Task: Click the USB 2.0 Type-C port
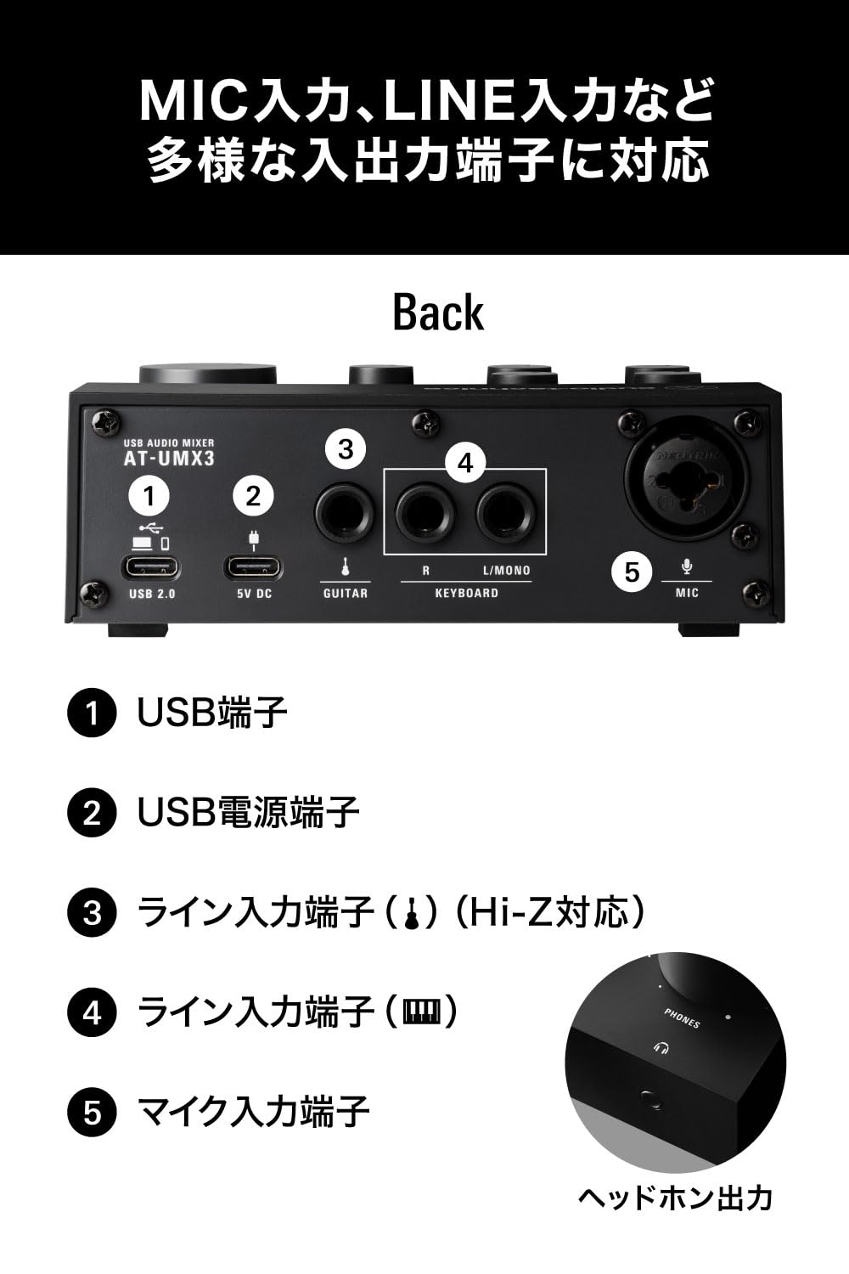click(152, 567)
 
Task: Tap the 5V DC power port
click(253, 567)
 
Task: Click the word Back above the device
click(438, 313)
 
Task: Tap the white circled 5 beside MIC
click(632, 572)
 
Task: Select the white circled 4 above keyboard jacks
click(465, 463)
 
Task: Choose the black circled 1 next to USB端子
click(92, 713)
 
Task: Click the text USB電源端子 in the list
click(248, 813)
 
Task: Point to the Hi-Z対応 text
click(549, 912)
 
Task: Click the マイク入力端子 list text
click(253, 1112)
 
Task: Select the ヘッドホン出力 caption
click(675, 1198)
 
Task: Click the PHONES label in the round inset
click(682, 1018)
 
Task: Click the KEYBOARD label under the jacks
click(466, 593)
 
